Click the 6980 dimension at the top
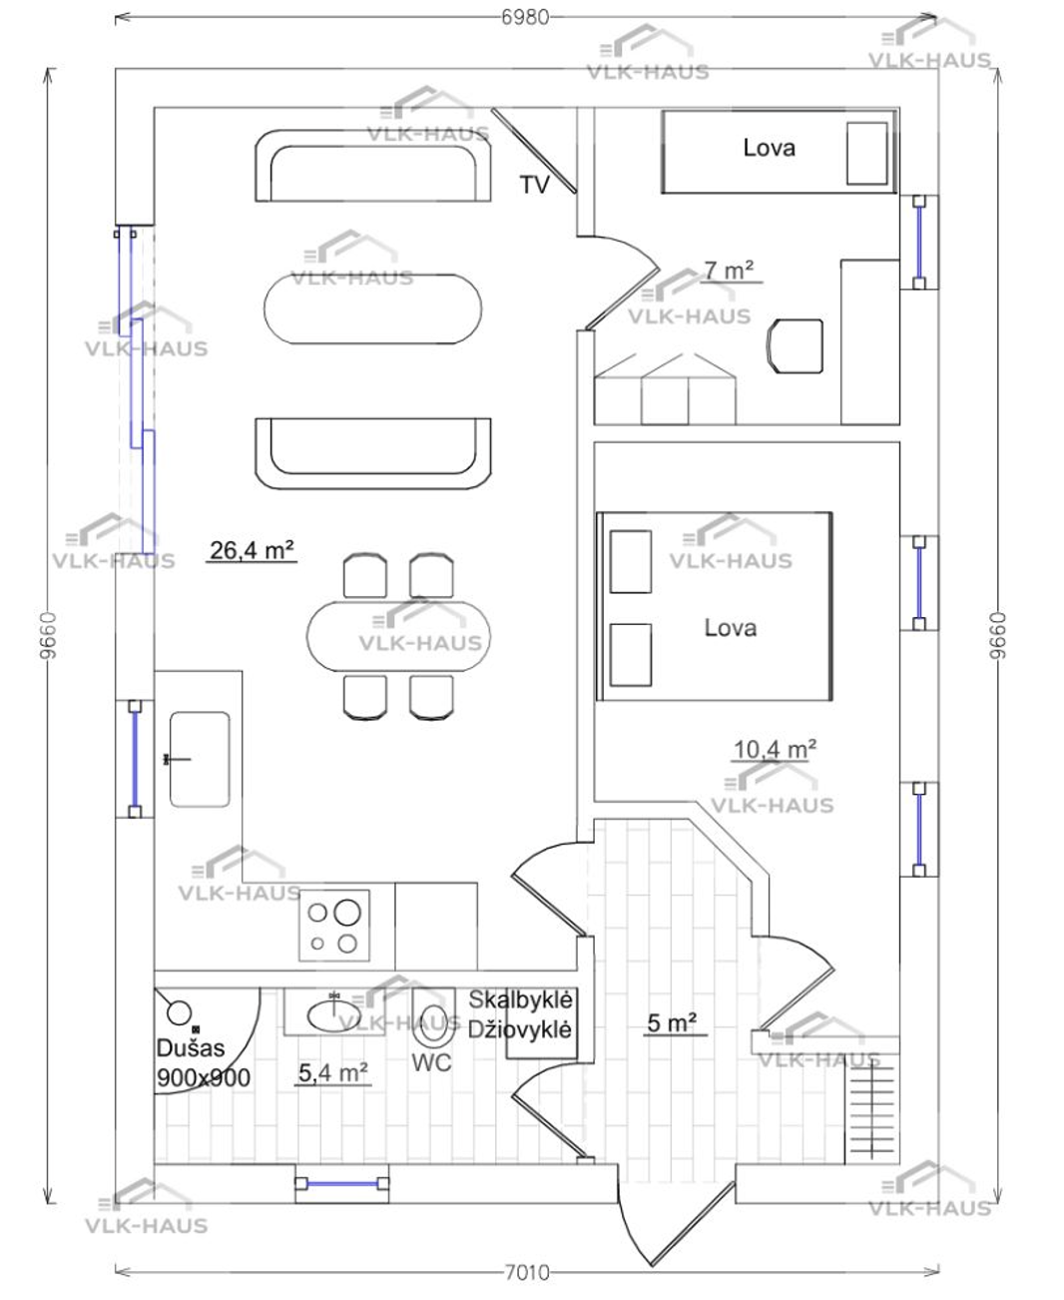click(524, 17)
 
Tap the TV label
click(534, 185)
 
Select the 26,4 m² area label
click(252, 550)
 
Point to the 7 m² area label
click(729, 270)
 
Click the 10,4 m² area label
click(776, 750)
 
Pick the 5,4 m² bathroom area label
click(332, 1072)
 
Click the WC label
click(431, 1062)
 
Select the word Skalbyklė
click(521, 999)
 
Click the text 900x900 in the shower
click(204, 1077)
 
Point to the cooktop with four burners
click(334, 926)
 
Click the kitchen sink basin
click(200, 760)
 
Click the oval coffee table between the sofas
click(372, 309)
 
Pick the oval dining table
click(398, 636)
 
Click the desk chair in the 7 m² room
click(796, 345)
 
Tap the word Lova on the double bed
click(730, 627)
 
